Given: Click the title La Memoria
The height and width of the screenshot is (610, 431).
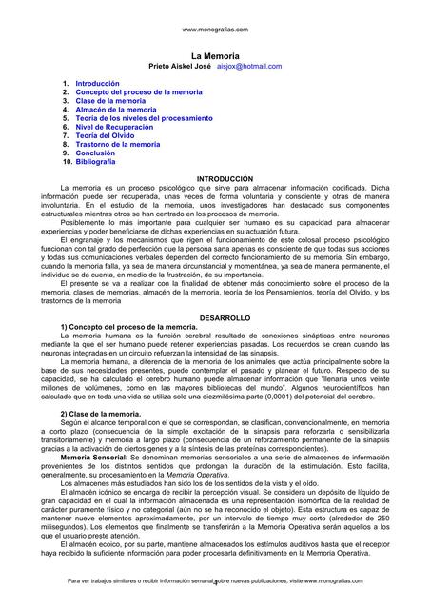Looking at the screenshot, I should pos(214,57).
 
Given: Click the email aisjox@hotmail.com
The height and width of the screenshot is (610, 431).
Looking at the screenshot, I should pos(249,67).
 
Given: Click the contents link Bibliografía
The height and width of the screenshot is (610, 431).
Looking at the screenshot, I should pos(96,162).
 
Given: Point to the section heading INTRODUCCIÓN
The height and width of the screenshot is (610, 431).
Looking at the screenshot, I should pos(224,179).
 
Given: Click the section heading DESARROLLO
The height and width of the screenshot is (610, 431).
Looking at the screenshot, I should pos(224,315).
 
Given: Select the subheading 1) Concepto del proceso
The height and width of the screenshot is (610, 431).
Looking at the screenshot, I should pos(127,326).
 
